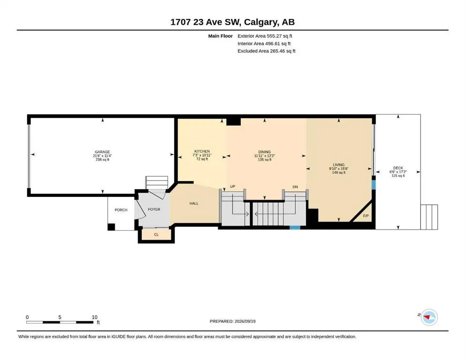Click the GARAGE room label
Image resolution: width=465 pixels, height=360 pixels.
[x=102, y=152]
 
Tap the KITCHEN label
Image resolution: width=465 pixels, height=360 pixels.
[x=202, y=151]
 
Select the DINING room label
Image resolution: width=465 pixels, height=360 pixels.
[x=265, y=152]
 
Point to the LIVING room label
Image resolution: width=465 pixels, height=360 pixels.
[x=339, y=165]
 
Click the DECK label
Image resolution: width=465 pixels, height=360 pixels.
[x=398, y=168]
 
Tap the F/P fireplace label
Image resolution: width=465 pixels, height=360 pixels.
[x=366, y=216]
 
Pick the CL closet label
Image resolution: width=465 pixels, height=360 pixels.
[x=156, y=234]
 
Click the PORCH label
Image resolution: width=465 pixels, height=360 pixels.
[x=121, y=210]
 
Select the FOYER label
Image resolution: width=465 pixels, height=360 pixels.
[x=154, y=209]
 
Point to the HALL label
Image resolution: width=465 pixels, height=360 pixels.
[x=194, y=203]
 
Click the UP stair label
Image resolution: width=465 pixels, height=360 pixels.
[x=232, y=187]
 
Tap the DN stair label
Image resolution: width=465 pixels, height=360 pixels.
[x=295, y=187]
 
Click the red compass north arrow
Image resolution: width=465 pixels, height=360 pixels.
[x=427, y=317]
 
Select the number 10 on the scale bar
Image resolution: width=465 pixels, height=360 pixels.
[x=95, y=317]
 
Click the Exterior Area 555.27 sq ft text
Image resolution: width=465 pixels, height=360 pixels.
[x=265, y=36]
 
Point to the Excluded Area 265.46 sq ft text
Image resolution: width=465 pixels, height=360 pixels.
[x=266, y=51]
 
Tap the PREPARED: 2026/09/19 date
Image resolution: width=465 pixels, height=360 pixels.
[x=232, y=321]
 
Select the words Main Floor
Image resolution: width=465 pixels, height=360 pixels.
[x=221, y=36]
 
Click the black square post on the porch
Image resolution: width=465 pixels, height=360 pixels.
[x=111, y=227]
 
